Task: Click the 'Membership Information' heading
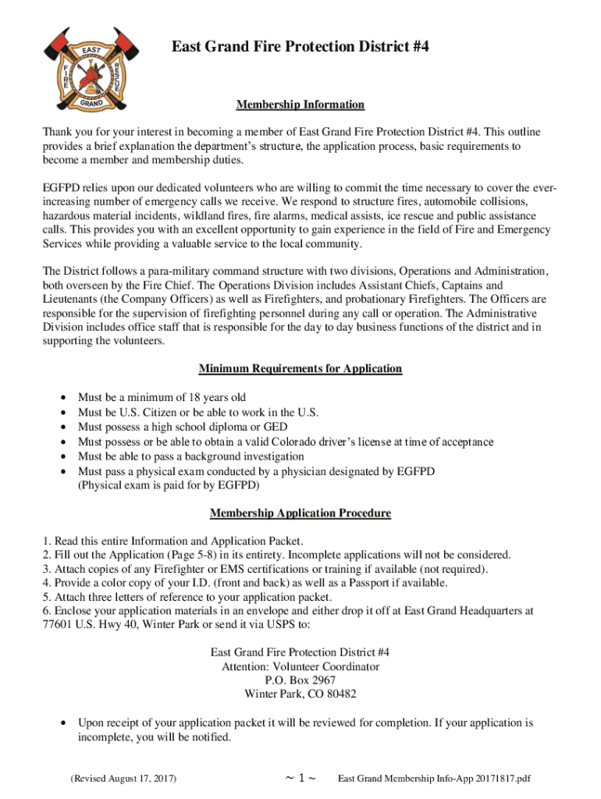(x=300, y=105)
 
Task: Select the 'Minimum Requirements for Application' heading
(x=300, y=368)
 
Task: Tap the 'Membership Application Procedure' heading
(x=300, y=513)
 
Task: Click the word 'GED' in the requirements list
(x=276, y=427)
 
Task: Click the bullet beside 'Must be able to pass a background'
(x=62, y=456)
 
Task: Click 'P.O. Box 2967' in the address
(x=300, y=680)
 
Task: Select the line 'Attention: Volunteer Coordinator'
(x=300, y=666)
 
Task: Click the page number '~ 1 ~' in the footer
(x=300, y=779)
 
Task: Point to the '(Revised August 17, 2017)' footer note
(x=123, y=779)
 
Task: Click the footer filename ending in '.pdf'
(x=434, y=779)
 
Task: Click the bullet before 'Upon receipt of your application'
(x=62, y=723)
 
